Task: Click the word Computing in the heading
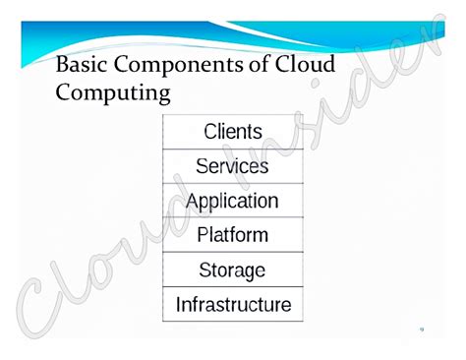tap(113, 95)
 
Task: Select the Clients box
tap(232, 132)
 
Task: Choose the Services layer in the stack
tap(232, 166)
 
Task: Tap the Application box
tap(232, 201)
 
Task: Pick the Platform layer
tap(232, 235)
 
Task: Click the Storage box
tap(232, 270)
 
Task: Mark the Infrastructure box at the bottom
tap(232, 304)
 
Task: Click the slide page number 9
tap(421, 330)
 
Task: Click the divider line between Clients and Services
tap(232, 150)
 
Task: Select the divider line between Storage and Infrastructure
tap(232, 286)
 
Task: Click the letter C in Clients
tap(209, 132)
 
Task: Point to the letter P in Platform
tap(203, 235)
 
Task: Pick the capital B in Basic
tap(64, 65)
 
